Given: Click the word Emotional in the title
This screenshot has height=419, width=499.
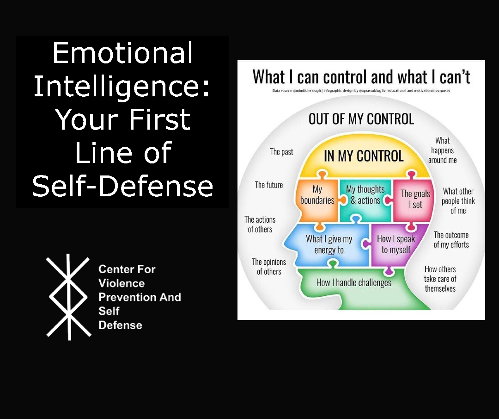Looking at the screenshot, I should [x=122, y=53].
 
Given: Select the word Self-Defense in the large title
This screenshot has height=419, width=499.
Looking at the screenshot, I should [x=122, y=186].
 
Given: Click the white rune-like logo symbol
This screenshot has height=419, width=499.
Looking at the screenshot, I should [x=68, y=297].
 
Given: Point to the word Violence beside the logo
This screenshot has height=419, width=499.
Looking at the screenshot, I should [x=122, y=283].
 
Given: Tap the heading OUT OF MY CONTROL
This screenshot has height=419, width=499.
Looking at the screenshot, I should [x=361, y=119].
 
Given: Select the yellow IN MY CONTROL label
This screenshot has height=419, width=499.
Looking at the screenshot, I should [x=364, y=156].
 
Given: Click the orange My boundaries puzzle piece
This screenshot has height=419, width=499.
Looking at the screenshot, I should [x=317, y=195].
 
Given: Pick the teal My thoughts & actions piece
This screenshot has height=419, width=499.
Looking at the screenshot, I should [x=365, y=195].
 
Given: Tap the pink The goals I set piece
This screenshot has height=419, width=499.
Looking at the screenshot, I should [x=415, y=199].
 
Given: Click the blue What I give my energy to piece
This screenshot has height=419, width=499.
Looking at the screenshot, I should [x=329, y=244].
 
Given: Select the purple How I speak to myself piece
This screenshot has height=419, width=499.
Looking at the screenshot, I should [x=396, y=244].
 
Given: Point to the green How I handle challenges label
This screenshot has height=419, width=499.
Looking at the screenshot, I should [x=353, y=282].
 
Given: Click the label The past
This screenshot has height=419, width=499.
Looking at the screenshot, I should [x=281, y=151].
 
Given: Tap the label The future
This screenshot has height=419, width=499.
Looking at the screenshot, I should [x=269, y=185].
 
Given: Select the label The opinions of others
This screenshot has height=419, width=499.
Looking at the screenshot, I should [x=269, y=267].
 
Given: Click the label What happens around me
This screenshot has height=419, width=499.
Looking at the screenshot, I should [x=442, y=150].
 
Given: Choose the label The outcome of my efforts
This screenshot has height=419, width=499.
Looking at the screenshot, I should [x=451, y=240].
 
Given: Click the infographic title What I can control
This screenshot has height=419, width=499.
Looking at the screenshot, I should [x=361, y=77].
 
